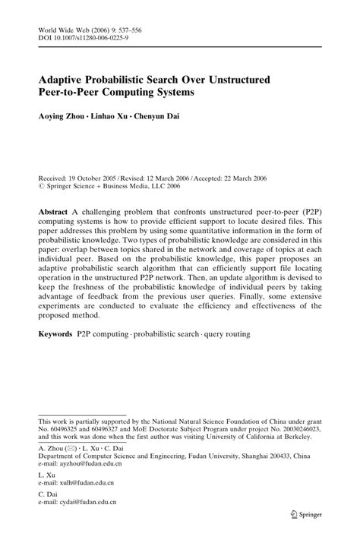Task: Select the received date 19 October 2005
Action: coord(99,173)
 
